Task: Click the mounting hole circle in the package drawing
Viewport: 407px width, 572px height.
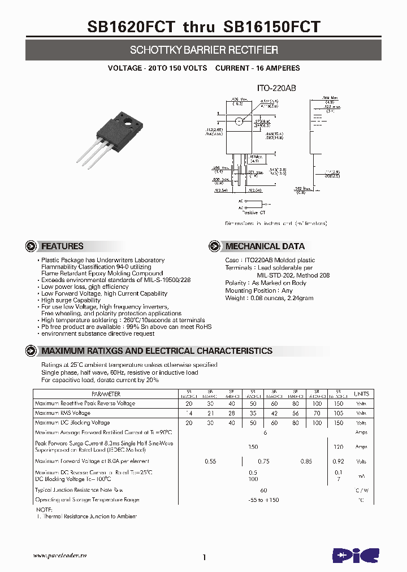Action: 239,121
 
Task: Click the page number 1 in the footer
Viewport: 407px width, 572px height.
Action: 203,557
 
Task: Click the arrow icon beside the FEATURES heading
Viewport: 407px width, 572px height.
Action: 32,246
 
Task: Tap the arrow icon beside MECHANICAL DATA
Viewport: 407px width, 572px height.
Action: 214,246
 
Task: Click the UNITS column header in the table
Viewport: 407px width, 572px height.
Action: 361,394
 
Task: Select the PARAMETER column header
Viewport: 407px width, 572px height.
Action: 106,394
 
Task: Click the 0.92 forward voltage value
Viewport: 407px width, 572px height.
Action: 338,461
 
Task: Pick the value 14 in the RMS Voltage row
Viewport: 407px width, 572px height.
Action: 188,413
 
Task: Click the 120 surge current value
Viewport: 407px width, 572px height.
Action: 338,447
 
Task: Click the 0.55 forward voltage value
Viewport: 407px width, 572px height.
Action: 210,461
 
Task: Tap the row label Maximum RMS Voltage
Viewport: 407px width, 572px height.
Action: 62,413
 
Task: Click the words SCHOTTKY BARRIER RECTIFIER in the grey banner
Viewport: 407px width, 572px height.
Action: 203,50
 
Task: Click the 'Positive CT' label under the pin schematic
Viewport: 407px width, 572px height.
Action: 254,213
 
